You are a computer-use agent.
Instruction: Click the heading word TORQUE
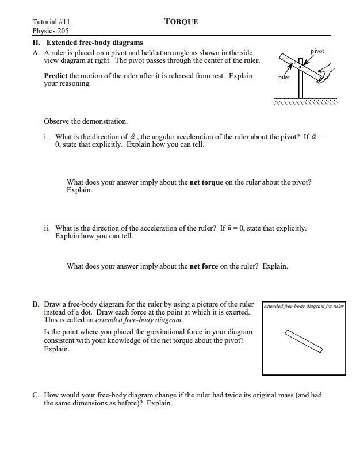181,21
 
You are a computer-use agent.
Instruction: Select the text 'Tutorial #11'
51,21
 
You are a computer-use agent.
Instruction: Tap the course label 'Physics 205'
51,31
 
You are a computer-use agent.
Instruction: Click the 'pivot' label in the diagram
317,51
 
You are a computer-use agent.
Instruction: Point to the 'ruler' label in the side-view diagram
283,77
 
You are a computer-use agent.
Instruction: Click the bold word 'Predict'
56,76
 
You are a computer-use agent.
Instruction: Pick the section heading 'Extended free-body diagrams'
94,43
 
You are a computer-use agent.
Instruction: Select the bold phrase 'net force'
204,266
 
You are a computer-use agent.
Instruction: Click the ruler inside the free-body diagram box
304,340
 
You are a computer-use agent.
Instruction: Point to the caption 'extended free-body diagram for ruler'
303,307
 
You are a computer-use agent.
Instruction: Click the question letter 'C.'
36,395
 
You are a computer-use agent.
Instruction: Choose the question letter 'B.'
36,304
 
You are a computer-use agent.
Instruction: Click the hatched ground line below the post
305,102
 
